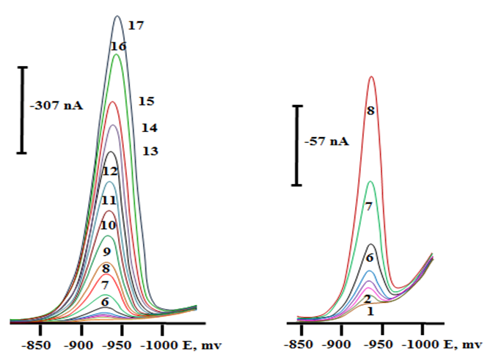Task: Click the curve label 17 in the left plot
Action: [x=135, y=26]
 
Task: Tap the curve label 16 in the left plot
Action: [x=118, y=46]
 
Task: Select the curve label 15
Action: [x=146, y=100]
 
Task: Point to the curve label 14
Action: [x=150, y=127]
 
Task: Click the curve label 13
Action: [x=150, y=151]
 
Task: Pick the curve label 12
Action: [x=110, y=171]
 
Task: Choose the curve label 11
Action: [x=109, y=199]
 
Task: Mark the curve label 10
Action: [x=108, y=225]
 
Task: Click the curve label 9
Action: [x=106, y=252]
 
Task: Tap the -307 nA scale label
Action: [x=56, y=106]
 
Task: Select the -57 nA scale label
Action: [x=328, y=142]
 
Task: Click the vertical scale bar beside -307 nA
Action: [x=23, y=110]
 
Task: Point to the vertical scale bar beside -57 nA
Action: [x=298, y=145]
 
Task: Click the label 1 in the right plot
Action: [x=370, y=312]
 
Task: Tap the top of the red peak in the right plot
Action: [x=372, y=77]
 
